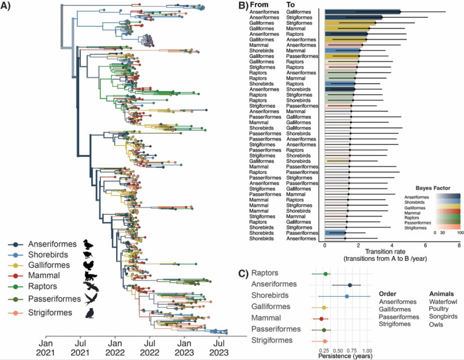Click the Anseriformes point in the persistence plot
(x=350, y=285)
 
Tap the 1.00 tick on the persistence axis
(x=367, y=351)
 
